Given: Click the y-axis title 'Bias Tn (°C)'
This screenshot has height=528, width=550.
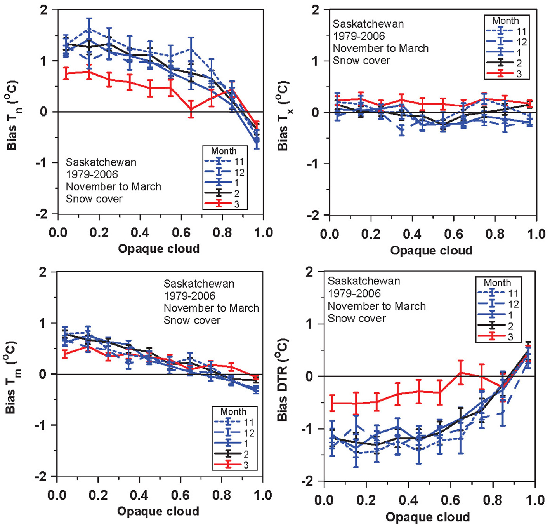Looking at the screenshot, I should (x=14, y=115).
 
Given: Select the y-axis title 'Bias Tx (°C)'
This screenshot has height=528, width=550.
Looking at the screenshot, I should (x=285, y=116).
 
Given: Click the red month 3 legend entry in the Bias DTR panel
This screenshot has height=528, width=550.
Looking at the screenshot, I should (x=499, y=337).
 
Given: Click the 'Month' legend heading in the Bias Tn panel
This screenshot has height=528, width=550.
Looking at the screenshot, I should (x=224, y=151).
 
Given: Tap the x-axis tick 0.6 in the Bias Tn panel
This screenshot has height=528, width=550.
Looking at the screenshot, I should (x=181, y=233).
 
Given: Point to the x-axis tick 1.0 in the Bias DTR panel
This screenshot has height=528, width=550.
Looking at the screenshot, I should (x=535, y=500).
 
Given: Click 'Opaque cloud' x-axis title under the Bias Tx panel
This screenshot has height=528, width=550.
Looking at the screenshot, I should (x=431, y=251).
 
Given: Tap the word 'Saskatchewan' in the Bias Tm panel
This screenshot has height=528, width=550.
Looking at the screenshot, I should (x=199, y=284).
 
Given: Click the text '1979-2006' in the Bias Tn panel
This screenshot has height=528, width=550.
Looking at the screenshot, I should (x=92, y=174).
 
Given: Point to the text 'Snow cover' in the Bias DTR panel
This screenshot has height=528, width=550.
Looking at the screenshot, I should (x=357, y=319).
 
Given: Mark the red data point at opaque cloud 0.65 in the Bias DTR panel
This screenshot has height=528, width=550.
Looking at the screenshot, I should (x=461, y=372).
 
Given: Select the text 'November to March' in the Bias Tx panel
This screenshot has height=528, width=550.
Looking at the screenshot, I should (x=381, y=48).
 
